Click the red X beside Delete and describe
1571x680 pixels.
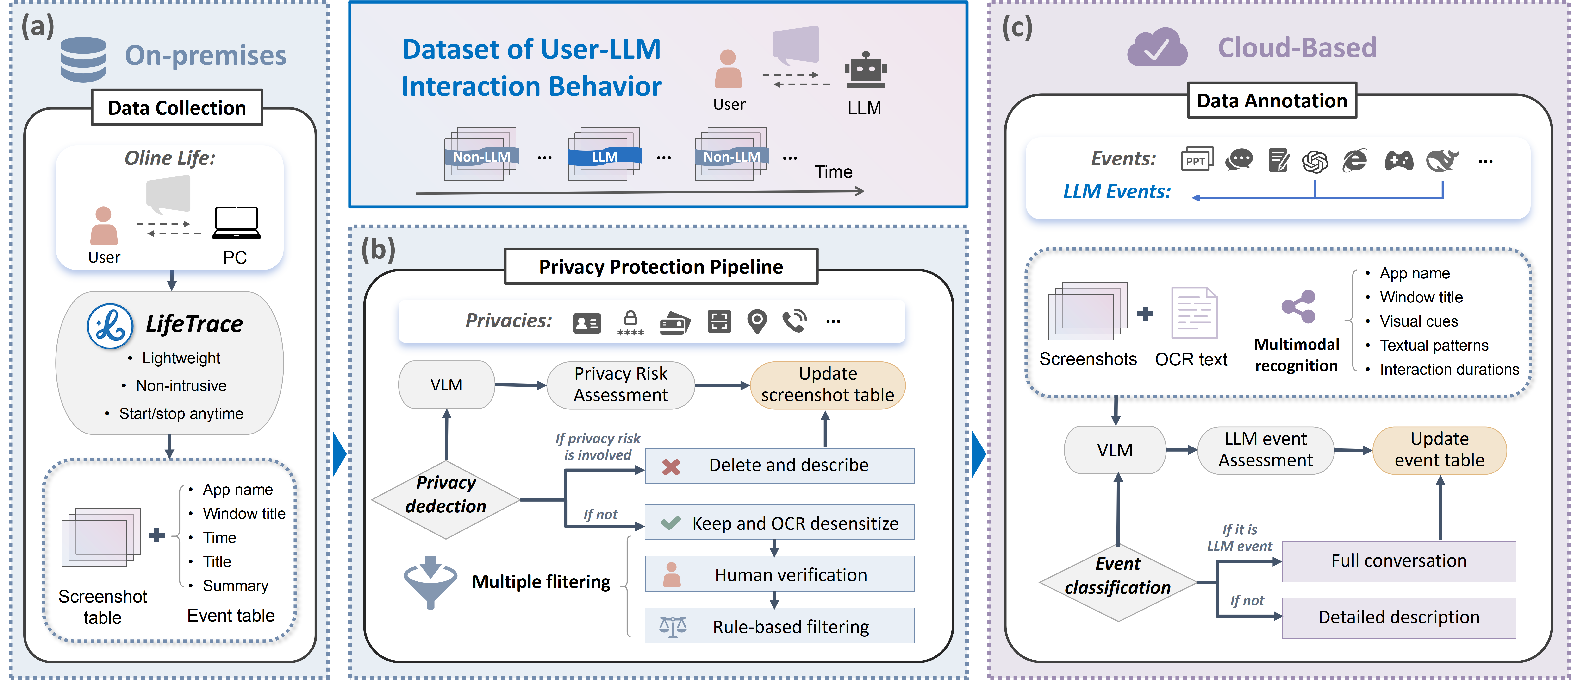[671, 466]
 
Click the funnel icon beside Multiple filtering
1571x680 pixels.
[430, 581]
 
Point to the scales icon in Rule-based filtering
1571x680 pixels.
[673, 626]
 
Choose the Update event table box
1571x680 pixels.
[1439, 450]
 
